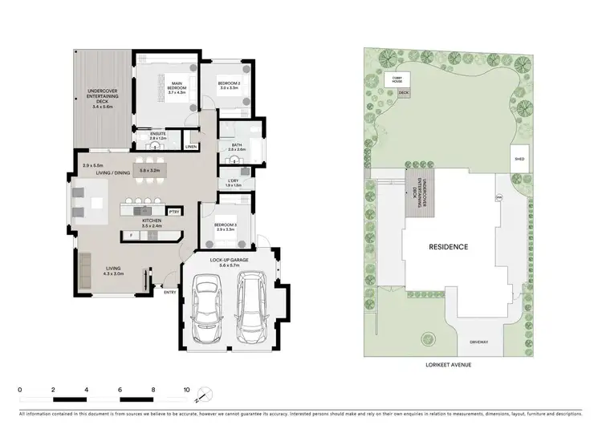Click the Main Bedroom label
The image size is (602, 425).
[177, 86]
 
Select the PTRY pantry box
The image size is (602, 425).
[173, 211]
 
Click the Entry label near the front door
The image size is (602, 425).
[170, 292]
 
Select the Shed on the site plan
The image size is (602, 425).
[519, 159]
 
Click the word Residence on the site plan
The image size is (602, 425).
[448, 246]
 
